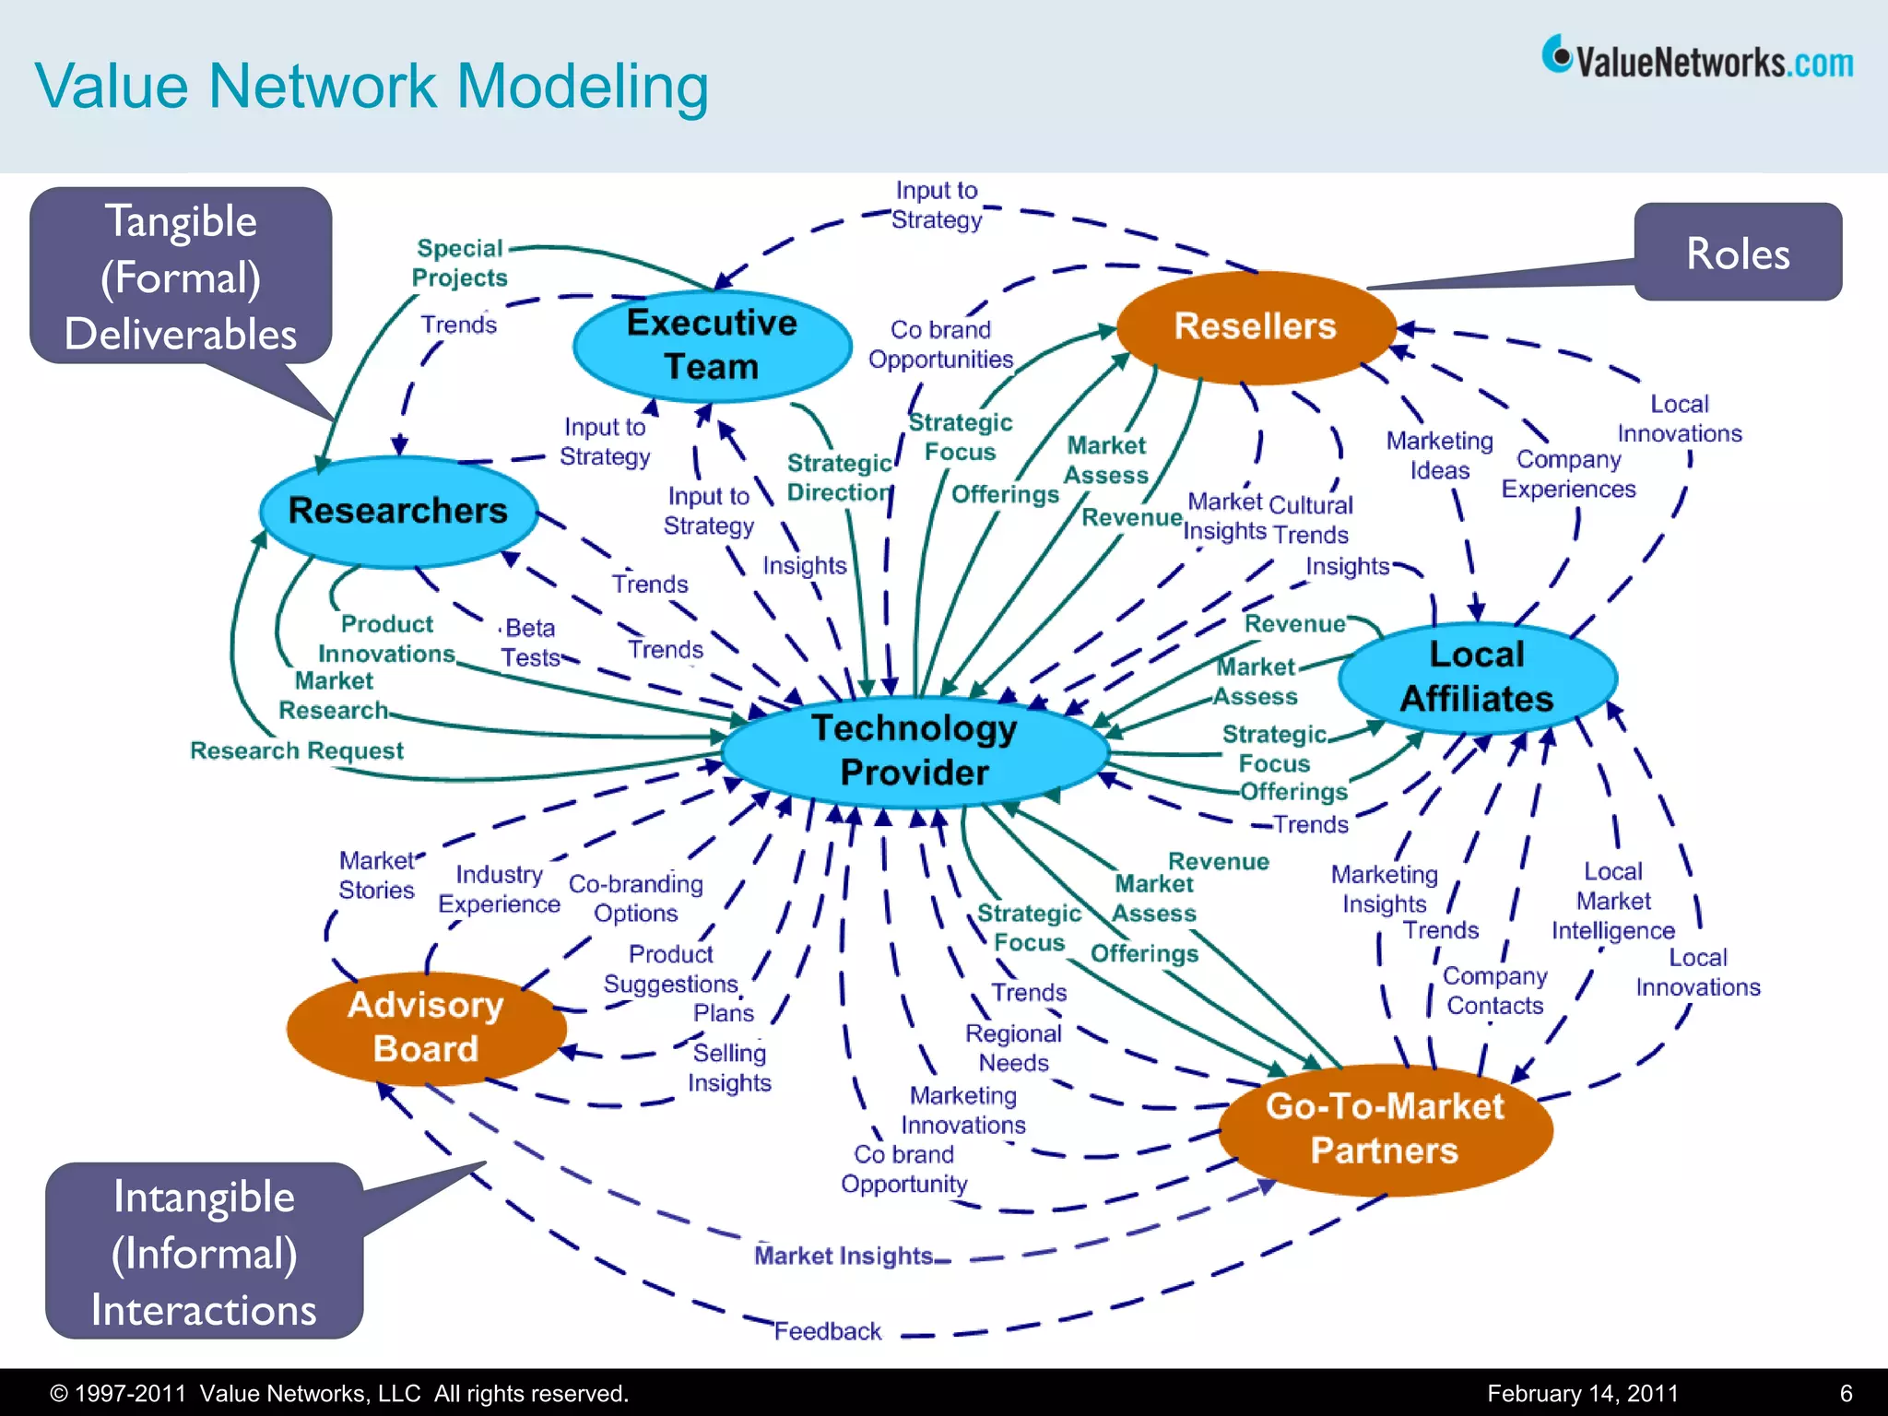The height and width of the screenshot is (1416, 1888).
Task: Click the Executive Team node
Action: [712, 345]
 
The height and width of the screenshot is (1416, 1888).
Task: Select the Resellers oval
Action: [1255, 326]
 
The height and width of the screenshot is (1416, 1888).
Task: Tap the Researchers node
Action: [398, 511]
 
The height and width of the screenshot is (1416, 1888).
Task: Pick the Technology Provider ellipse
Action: [914, 750]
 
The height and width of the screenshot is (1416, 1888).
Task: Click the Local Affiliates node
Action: [1477, 677]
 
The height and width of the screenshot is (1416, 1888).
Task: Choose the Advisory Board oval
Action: [426, 1027]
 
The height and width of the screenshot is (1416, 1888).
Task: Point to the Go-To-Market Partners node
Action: [1385, 1128]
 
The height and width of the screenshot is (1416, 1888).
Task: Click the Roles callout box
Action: [1738, 253]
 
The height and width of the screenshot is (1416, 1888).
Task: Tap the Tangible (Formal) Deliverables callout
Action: [181, 277]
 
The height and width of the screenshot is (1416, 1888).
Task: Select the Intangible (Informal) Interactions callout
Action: [204, 1252]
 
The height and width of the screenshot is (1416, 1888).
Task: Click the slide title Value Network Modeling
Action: [372, 87]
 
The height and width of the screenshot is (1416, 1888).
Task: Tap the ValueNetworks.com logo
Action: [1697, 59]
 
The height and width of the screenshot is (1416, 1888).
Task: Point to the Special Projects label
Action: [459, 263]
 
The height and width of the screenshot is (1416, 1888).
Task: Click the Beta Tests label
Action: [530, 643]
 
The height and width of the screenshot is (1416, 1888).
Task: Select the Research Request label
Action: [297, 750]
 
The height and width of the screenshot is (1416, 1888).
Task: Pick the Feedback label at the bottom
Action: [827, 1331]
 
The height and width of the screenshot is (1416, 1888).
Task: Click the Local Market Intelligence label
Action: [1612, 901]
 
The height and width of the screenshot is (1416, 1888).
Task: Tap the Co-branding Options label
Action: [635, 898]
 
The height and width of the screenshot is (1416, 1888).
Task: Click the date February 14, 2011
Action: [1582, 1393]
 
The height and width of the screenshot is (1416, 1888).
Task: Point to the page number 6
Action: [1846, 1393]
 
